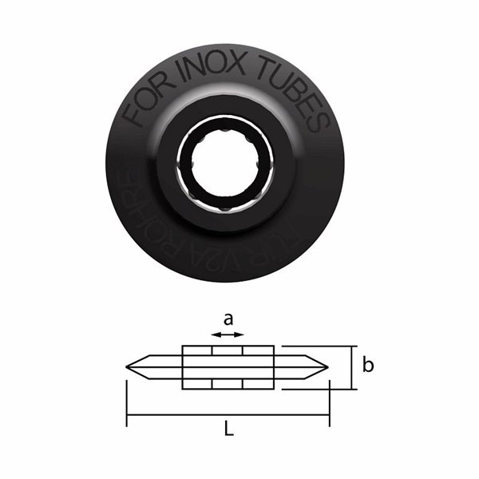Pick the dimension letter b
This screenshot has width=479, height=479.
pyautogui.click(x=367, y=366)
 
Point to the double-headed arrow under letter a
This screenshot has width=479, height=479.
pyautogui.click(x=228, y=336)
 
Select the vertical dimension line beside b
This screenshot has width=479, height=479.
pyautogui.click(x=351, y=367)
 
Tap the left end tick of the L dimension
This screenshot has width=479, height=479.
pyautogui.click(x=126, y=399)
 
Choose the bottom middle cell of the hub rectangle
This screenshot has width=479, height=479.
pyautogui.click(x=228, y=383)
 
